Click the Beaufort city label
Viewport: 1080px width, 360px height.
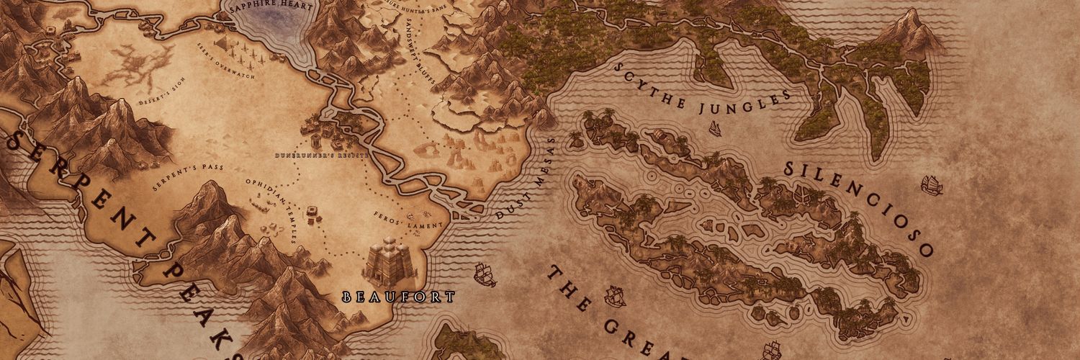coord(398,296)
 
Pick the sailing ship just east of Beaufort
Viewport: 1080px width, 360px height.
coord(484,274)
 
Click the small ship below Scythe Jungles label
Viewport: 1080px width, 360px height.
coord(716,129)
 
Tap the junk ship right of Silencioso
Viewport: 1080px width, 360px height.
coord(931,185)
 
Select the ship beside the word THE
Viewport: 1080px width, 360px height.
coord(614,294)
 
